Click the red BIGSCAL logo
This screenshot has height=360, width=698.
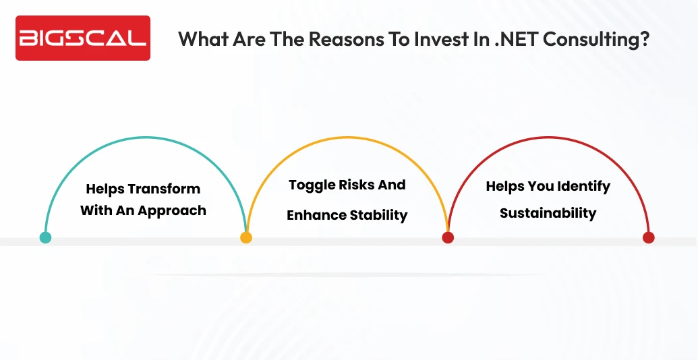pyautogui.click(x=82, y=38)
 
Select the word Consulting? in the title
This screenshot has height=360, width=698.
pyautogui.click(x=596, y=38)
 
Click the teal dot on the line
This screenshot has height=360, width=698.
pyautogui.click(x=45, y=237)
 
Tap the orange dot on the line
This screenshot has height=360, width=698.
pyautogui.click(x=246, y=237)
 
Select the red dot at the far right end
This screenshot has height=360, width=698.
pyautogui.click(x=648, y=237)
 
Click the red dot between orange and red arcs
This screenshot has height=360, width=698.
pyautogui.click(x=448, y=237)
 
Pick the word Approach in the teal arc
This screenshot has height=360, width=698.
pyautogui.click(x=173, y=210)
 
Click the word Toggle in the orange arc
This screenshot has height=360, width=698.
pyautogui.click(x=312, y=185)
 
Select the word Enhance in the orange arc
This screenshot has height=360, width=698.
pyautogui.click(x=315, y=216)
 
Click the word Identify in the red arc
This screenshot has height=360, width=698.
pyautogui.click(x=582, y=186)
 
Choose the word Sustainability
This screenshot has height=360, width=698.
pyautogui.click(x=548, y=214)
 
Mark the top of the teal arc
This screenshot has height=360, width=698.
pyautogui.click(x=146, y=138)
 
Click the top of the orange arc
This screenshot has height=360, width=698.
pyautogui.click(x=347, y=138)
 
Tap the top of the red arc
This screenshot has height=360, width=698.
pyautogui.click(x=548, y=138)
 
